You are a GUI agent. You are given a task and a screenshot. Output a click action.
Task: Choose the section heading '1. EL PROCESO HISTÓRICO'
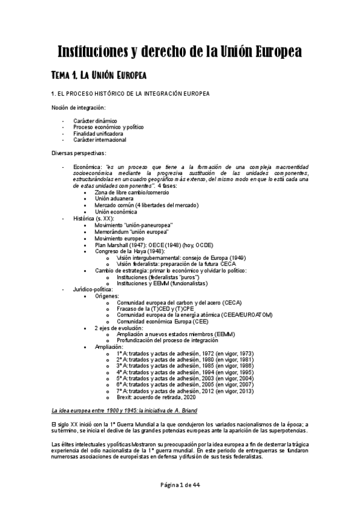pyautogui.click(x=130, y=94)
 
